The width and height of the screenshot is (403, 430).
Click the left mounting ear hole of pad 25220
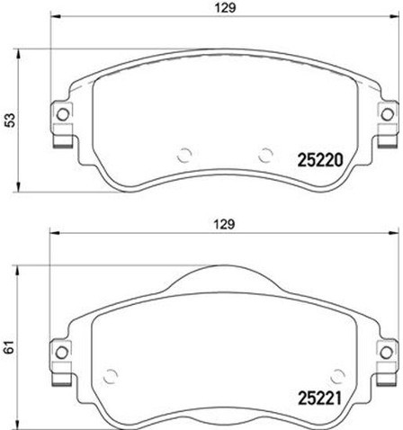pos(63,114)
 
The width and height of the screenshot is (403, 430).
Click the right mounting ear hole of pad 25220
pos(387,114)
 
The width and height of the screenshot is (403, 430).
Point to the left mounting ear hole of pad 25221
pos(63,350)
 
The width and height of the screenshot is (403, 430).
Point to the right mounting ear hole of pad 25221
pos(387,350)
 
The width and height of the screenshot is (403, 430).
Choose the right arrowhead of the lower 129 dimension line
pos(395,236)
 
